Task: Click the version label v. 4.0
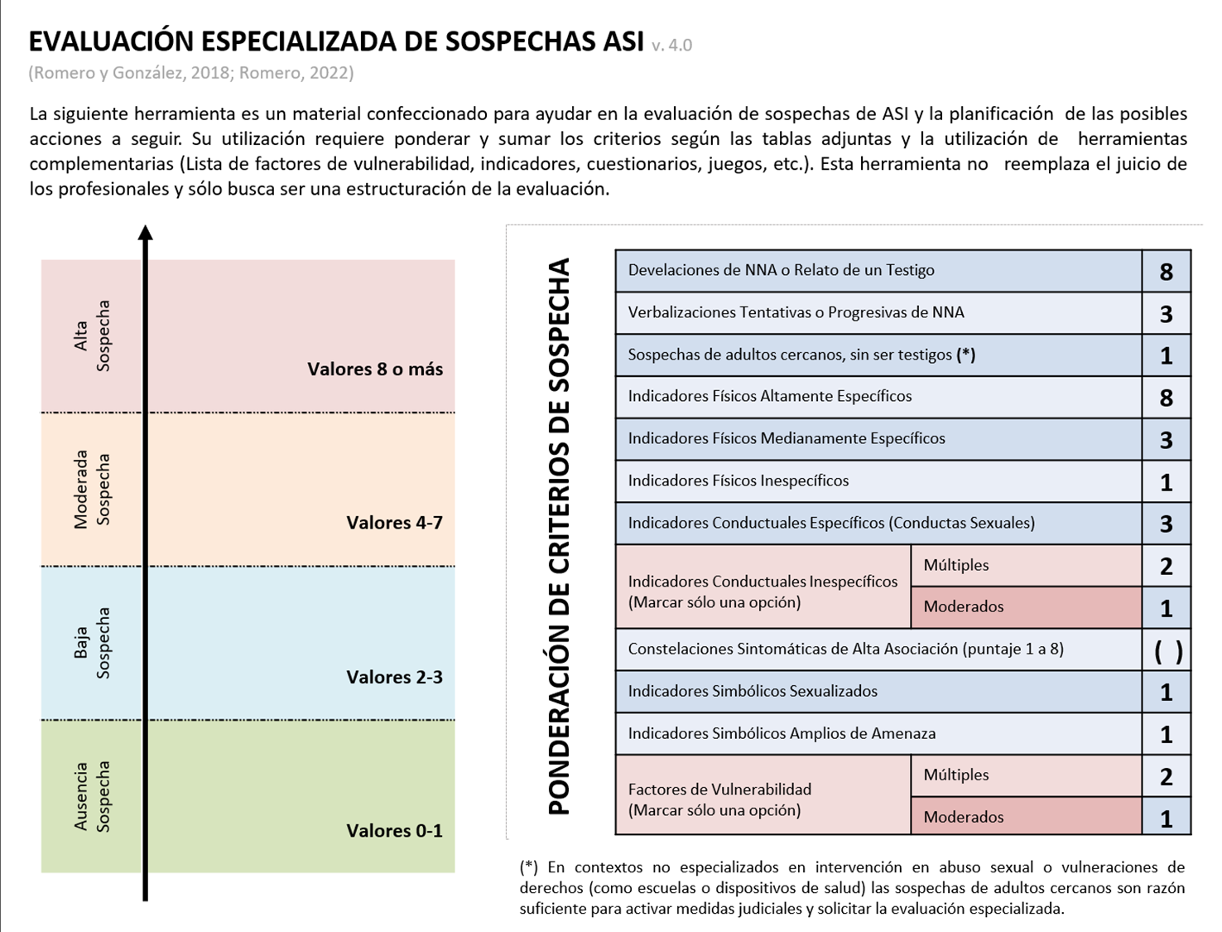(671, 46)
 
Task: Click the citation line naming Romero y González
(191, 73)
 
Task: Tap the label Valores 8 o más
(375, 369)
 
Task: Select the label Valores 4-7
(394, 523)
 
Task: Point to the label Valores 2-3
(394, 677)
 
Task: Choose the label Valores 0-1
(394, 831)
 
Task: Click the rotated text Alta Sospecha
(92, 336)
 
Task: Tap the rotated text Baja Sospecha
(92, 643)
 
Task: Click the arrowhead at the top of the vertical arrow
(146, 233)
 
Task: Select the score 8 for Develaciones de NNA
(1166, 272)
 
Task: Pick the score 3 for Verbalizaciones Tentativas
(1166, 314)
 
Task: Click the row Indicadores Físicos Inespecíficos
(738, 481)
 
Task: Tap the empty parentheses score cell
(1167, 651)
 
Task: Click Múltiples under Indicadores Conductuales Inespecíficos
(956, 565)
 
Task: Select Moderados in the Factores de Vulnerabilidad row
(963, 817)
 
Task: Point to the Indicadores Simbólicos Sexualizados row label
(752, 691)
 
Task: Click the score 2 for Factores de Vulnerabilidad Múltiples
(1166, 777)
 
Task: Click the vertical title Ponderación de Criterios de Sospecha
(560, 537)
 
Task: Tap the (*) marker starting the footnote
(528, 867)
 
